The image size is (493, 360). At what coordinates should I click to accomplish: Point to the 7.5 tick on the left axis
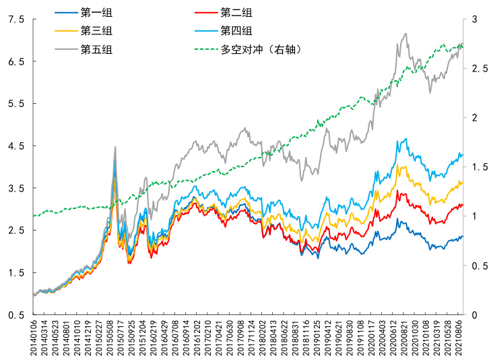click(x=15, y=20)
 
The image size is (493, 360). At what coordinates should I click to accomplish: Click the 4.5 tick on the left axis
click(x=15, y=146)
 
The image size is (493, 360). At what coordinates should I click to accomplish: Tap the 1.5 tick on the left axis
click(x=15, y=272)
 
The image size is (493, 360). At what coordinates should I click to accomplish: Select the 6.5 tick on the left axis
click(x=15, y=61)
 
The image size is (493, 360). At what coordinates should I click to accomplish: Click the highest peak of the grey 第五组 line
click(x=405, y=34)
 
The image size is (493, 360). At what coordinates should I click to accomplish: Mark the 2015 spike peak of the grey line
click(x=115, y=146)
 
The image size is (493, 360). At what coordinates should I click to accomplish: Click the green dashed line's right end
click(x=463, y=46)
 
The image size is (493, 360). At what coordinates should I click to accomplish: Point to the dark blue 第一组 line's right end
click(x=463, y=237)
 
